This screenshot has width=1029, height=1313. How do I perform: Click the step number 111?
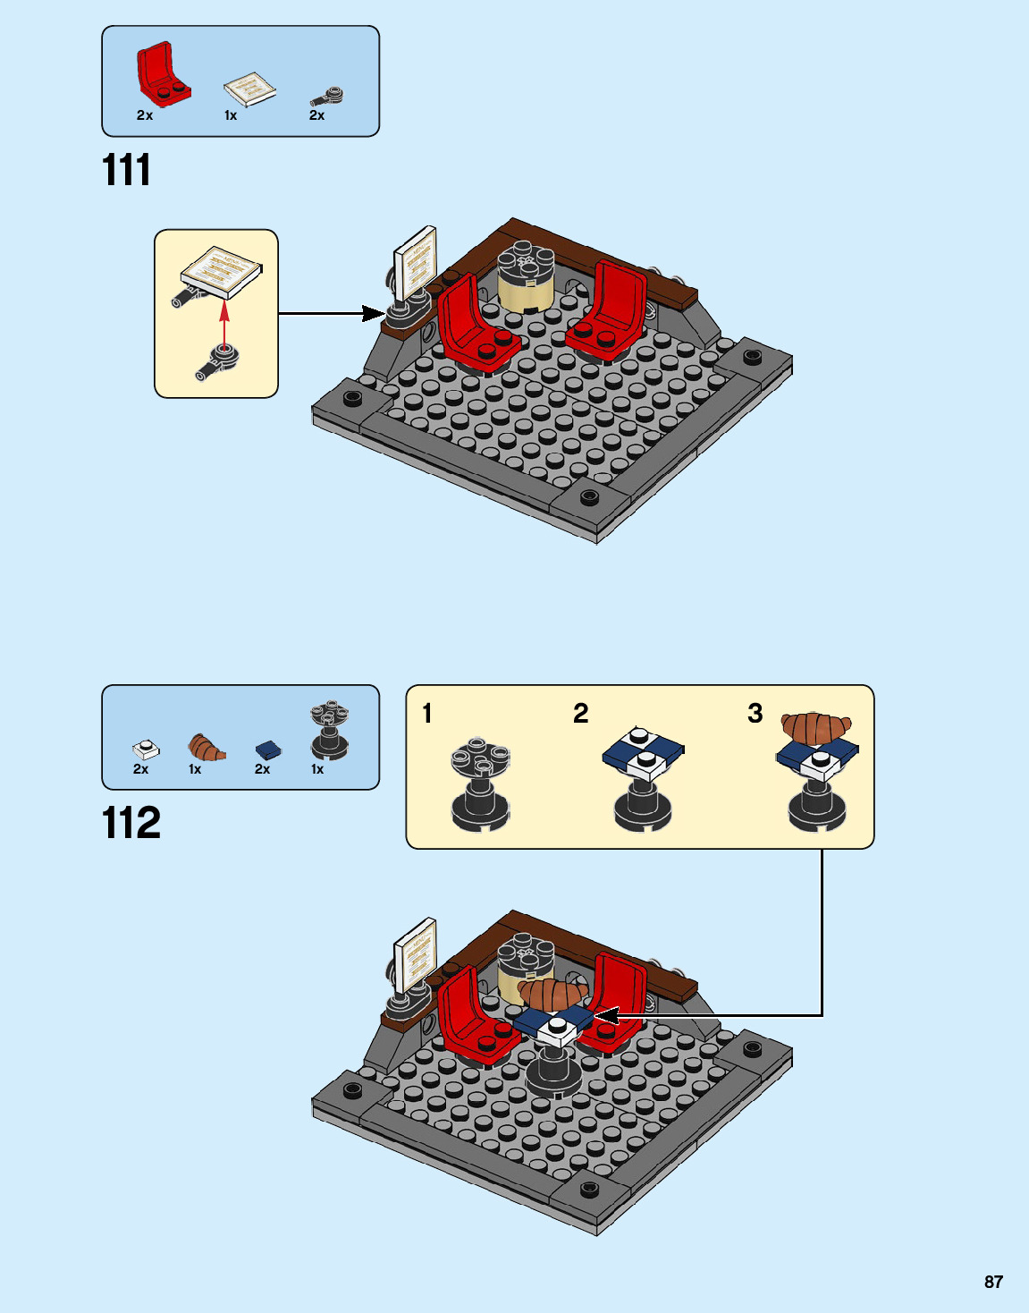point(126,171)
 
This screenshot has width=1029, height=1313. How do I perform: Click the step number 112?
point(131,823)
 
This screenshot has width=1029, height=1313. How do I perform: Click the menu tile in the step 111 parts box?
point(250,89)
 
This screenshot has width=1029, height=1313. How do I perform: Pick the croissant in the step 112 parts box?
point(207,748)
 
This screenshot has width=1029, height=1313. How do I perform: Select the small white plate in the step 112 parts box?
point(146,750)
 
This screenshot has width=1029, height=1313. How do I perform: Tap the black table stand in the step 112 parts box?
point(329,730)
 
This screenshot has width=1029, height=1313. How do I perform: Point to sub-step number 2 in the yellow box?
point(580,714)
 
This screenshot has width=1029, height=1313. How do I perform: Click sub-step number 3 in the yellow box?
point(755,713)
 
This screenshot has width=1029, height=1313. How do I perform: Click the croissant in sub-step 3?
point(816,728)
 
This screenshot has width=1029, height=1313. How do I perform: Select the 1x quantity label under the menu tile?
point(231,115)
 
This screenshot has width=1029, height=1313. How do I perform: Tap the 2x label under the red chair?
point(145,115)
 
